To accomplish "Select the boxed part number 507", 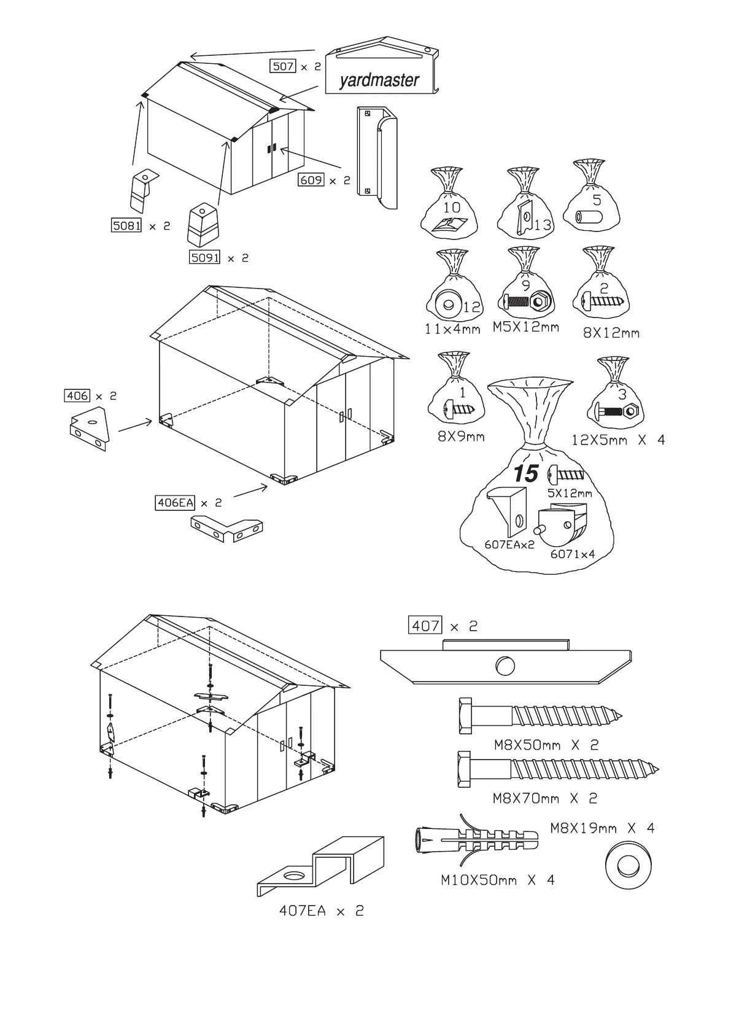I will click(x=283, y=66).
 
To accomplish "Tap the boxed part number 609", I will click(x=311, y=180).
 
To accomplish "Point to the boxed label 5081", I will click(x=126, y=226).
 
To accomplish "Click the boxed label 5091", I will click(x=204, y=258).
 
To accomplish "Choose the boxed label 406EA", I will click(x=176, y=503).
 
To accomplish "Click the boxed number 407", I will click(x=425, y=626).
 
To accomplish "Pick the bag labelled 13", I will click(x=525, y=212).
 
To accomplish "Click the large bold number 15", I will click(x=526, y=474).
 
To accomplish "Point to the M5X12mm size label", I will click(x=526, y=327).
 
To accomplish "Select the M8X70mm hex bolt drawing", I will click(x=555, y=769).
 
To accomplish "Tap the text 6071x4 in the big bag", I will click(x=572, y=554).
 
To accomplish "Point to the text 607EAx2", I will click(x=509, y=544).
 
